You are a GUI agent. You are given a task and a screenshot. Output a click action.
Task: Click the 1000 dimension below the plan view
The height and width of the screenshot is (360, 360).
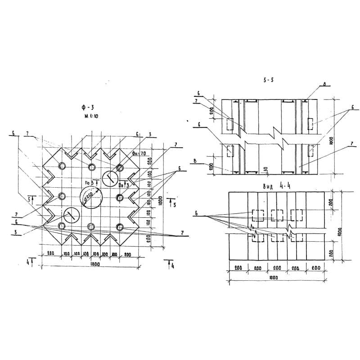[x=95, y=265]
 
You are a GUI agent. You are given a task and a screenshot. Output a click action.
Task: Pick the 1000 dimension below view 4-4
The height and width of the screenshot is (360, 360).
[x=273, y=278]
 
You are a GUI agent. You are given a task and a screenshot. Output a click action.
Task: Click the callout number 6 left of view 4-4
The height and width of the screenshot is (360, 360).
[x=196, y=215]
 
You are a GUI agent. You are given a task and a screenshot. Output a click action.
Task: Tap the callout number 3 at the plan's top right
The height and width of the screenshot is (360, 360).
[x=149, y=134]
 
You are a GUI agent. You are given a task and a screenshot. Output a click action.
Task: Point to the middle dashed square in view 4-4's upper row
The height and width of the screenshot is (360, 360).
[x=277, y=215]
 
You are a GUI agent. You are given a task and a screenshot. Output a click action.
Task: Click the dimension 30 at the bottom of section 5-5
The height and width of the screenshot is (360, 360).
[x=266, y=170]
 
